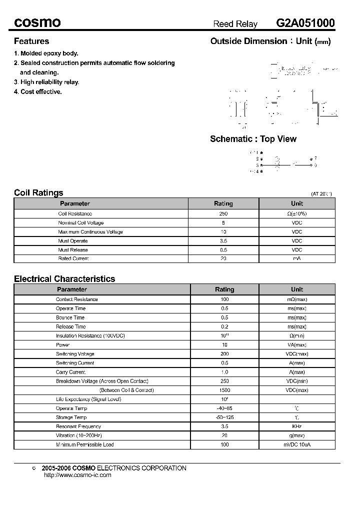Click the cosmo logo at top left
[37, 23]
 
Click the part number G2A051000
[305, 23]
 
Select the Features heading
[31, 41]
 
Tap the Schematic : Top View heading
[253, 139]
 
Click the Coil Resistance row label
[75, 213]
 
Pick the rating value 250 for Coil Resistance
[223, 213]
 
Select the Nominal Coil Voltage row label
[81, 222]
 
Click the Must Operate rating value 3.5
[223, 240]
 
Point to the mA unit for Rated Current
[297, 258]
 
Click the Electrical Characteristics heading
[64, 279]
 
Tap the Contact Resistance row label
[77, 299]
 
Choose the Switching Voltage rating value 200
[224, 353]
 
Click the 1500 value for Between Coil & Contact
[224, 390]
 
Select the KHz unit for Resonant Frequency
[297, 426]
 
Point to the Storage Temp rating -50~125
[224, 417]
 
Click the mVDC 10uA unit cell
[297, 444]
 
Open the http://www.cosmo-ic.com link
[77, 475]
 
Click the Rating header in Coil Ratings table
[223, 203]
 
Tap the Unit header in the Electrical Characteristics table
[297, 289]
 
